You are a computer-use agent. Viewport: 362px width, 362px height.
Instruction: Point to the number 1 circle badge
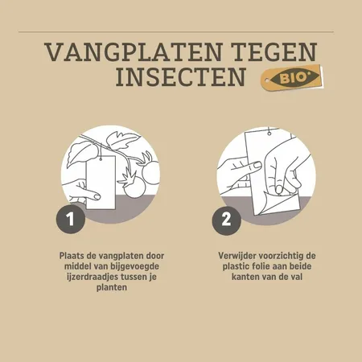71,218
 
